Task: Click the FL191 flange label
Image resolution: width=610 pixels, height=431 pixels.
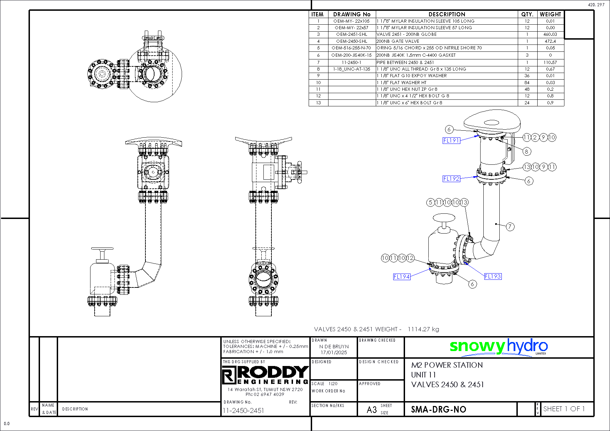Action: [451, 140]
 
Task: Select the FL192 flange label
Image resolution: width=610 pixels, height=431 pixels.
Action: [451, 179]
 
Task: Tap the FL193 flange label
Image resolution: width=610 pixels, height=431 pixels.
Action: [493, 276]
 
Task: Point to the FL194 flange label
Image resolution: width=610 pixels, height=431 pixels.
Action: [402, 277]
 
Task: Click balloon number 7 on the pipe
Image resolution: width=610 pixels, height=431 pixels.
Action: [510, 227]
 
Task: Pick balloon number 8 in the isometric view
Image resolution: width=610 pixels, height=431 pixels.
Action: [526, 151]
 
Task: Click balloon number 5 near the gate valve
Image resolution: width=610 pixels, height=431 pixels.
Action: [431, 202]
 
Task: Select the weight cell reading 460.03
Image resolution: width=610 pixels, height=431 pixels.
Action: [550, 34]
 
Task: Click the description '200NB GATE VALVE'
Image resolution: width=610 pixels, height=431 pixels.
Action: [398, 41]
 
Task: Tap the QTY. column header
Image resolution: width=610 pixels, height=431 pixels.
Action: [527, 14]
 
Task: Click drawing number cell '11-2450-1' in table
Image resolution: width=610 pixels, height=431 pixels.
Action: [351, 62]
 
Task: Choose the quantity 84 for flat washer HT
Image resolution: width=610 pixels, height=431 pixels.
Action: [527, 82]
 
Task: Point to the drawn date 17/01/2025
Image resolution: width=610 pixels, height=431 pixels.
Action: [334, 352]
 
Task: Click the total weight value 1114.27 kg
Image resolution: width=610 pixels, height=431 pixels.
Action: [423, 329]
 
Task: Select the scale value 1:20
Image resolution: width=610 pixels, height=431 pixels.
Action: [333, 384]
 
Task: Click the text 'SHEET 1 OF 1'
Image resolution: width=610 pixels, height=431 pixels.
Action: [564, 409]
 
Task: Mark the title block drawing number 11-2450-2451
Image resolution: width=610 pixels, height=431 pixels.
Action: [243, 410]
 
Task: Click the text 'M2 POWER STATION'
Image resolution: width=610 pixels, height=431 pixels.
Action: [447, 365]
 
